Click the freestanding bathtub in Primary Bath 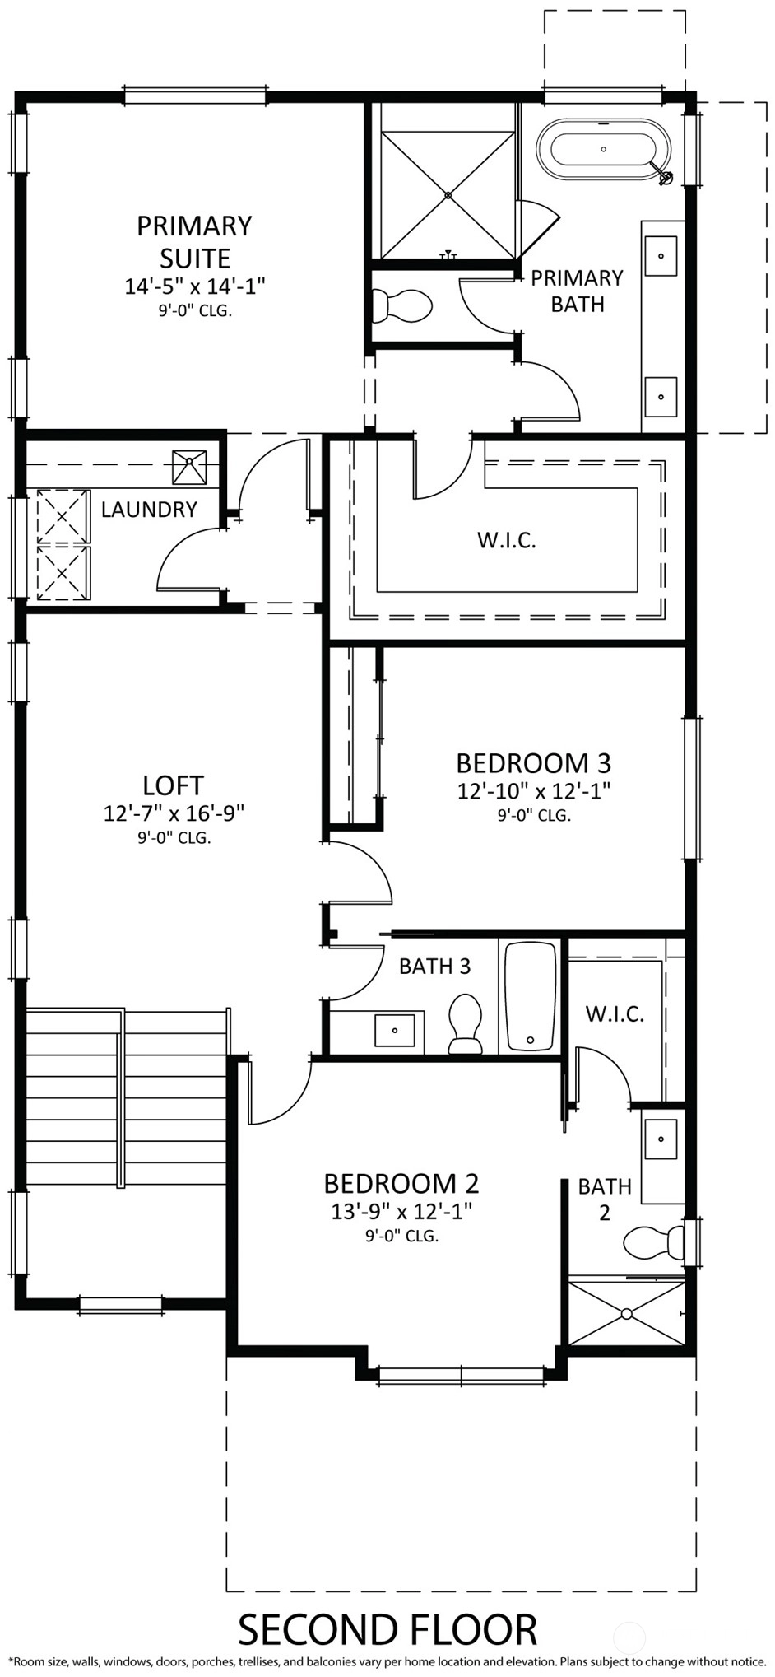[604, 150]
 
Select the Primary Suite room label [194, 241]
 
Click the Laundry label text [149, 510]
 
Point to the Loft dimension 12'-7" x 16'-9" [174, 813]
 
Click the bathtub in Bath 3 [531, 996]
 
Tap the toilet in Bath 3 [465, 1024]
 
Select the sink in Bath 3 [395, 1030]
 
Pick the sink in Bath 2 [661, 1139]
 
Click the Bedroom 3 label [533, 763]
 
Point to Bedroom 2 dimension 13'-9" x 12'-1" [401, 1211]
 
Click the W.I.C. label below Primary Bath [507, 541]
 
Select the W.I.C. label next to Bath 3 [615, 1013]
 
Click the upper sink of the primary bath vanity [661, 256]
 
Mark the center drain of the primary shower [448, 195]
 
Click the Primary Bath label [578, 291]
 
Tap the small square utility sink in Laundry [190, 467]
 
